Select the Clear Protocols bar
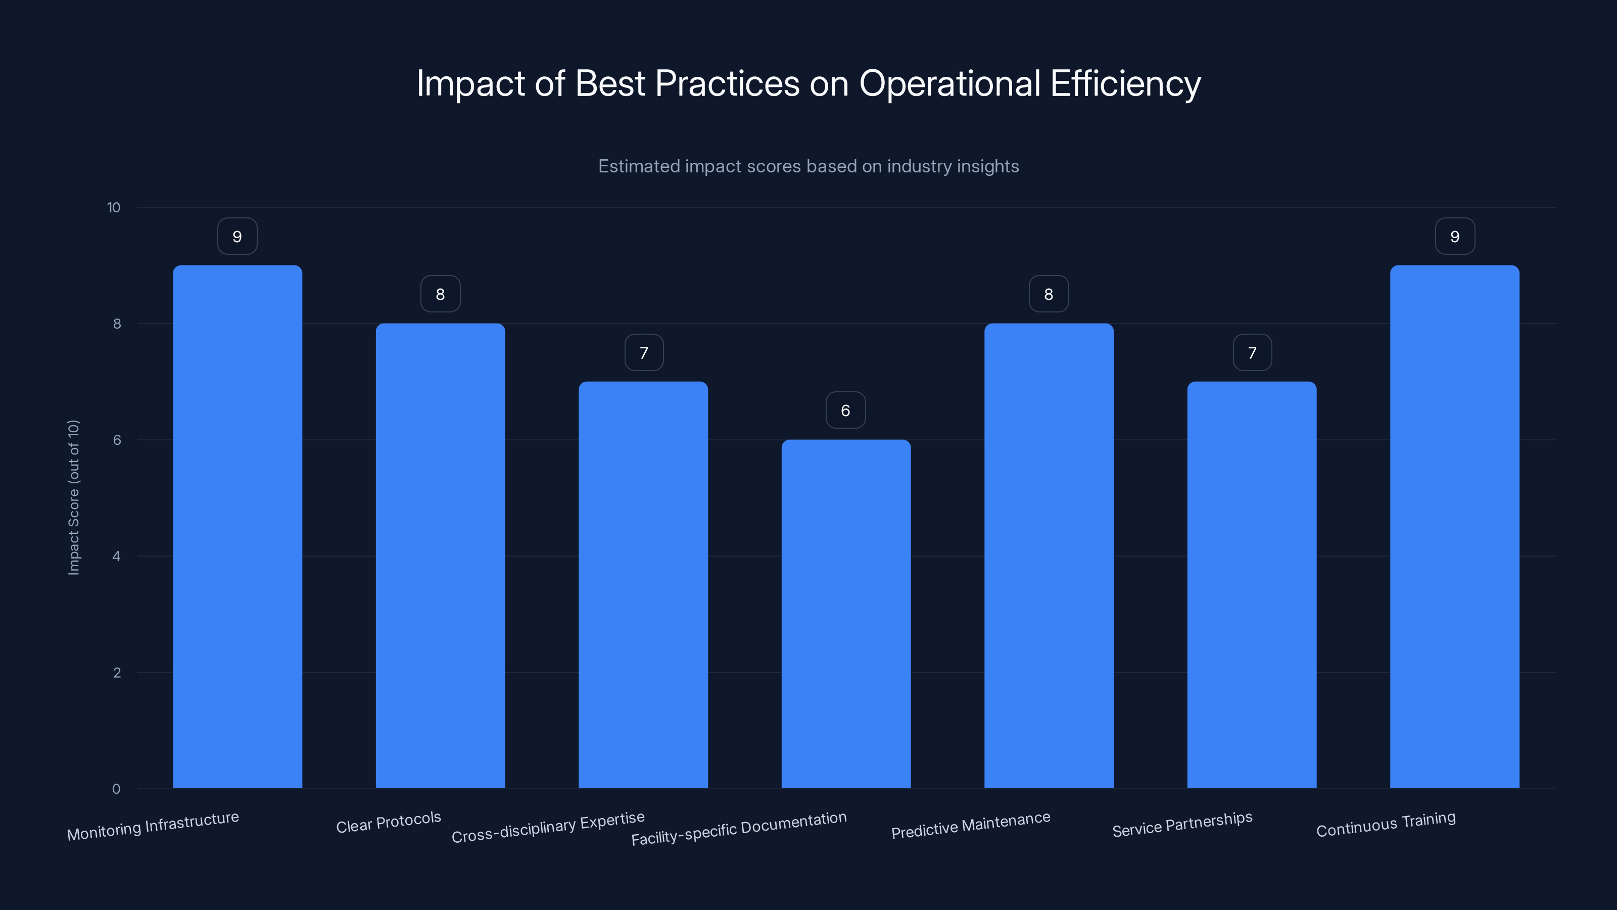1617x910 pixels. click(x=440, y=555)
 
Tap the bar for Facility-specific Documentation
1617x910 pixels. click(x=845, y=614)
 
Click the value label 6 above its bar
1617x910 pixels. click(x=845, y=410)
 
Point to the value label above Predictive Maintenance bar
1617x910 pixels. click(x=1049, y=294)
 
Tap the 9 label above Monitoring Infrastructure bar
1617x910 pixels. click(x=237, y=236)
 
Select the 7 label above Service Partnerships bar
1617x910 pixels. click(x=1252, y=352)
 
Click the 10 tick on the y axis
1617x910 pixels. click(x=114, y=207)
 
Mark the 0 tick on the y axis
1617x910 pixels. click(x=116, y=789)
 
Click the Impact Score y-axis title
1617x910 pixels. click(x=73, y=497)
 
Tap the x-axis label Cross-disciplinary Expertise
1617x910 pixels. click(x=548, y=827)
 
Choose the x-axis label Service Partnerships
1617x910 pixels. click(x=1182, y=825)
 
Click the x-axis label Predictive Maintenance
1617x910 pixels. click(x=970, y=825)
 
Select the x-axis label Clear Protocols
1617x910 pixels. click(x=389, y=822)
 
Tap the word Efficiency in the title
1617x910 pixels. click(x=1125, y=83)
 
